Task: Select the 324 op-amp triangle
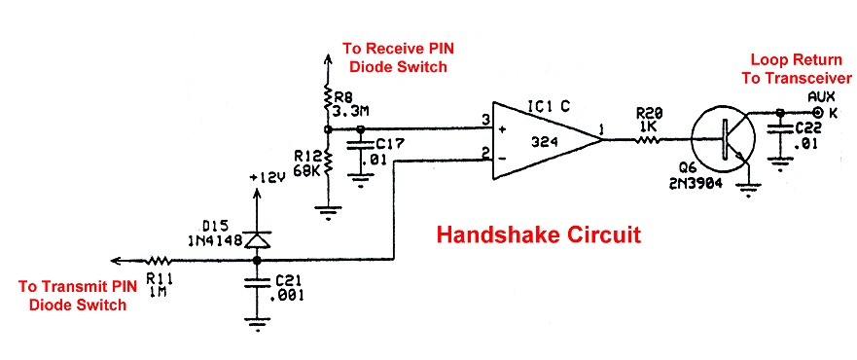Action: pyautogui.click(x=544, y=140)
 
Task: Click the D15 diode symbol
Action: pyautogui.click(x=257, y=239)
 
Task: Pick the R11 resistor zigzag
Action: pyautogui.click(x=159, y=260)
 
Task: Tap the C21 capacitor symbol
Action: pyautogui.click(x=257, y=284)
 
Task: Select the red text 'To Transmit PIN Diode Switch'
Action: pyautogui.click(x=74, y=295)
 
